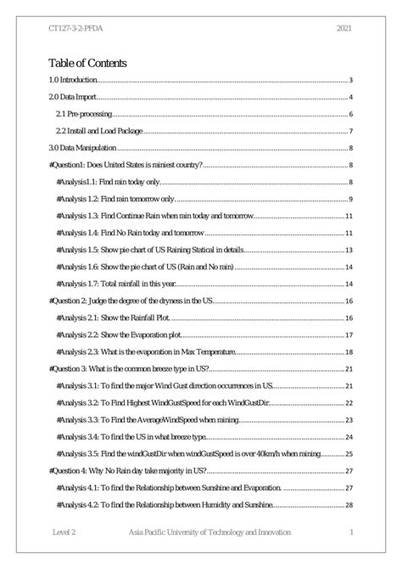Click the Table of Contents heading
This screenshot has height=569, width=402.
pyautogui.click(x=88, y=62)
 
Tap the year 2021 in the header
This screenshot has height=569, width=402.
pyautogui.click(x=344, y=26)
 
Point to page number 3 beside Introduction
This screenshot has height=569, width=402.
pyautogui.click(x=350, y=81)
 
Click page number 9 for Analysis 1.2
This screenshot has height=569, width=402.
pyautogui.click(x=350, y=198)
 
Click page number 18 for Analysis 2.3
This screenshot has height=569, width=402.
pyautogui.click(x=349, y=352)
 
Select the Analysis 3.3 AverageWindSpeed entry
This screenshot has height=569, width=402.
pyautogui.click(x=160, y=420)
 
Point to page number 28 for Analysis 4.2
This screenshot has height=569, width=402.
pyautogui.click(x=349, y=504)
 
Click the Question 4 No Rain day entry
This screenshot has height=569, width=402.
pyautogui.click(x=136, y=470)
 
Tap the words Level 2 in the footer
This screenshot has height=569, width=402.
pyautogui.click(x=63, y=532)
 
